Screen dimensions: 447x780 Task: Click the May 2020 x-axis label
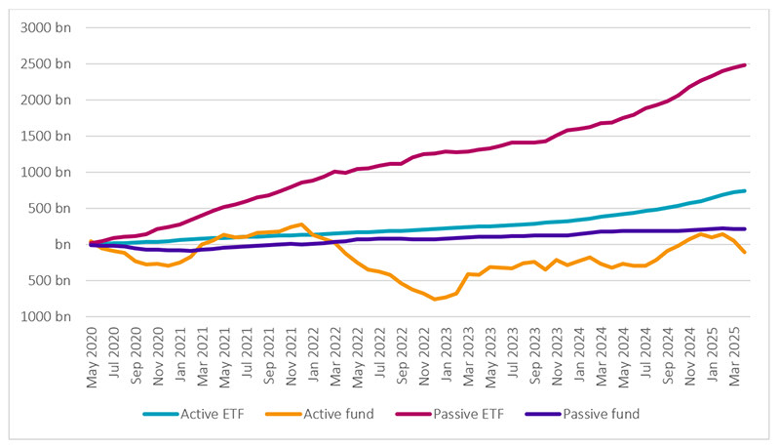pos(93,360)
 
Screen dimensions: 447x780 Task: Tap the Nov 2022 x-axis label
pos(423,360)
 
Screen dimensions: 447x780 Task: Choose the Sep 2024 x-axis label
pos(667,360)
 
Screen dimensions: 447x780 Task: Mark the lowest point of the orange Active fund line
pos(435,299)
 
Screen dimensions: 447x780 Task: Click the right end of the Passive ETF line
pos(745,65)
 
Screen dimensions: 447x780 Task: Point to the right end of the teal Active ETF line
pos(745,191)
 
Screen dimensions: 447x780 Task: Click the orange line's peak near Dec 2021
pos(302,224)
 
